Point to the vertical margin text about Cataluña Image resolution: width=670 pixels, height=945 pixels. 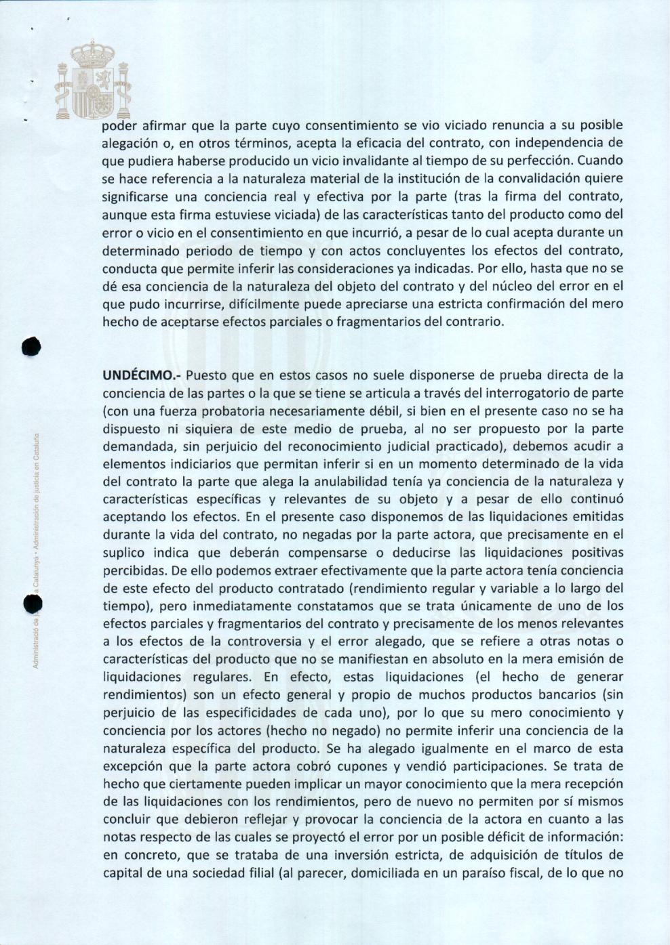click(x=38, y=549)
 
